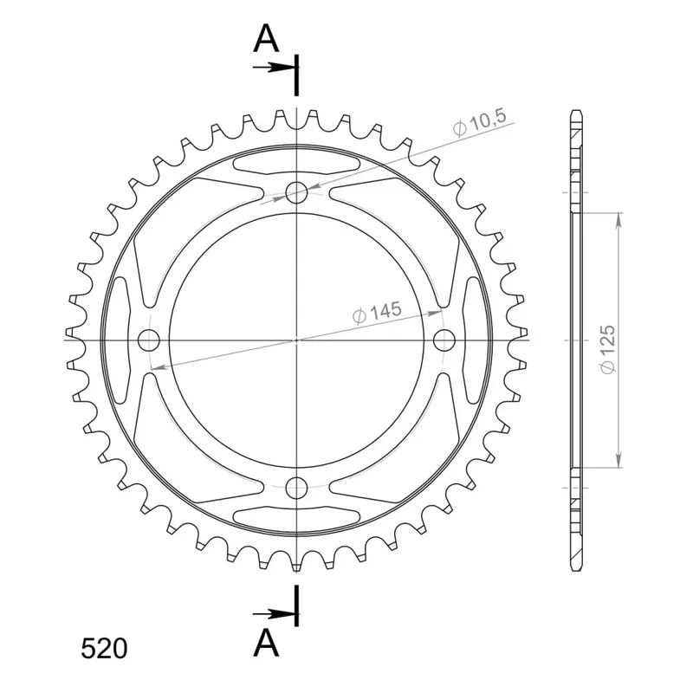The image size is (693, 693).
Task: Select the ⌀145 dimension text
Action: click(x=377, y=312)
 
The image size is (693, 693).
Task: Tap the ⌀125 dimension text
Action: click(x=608, y=349)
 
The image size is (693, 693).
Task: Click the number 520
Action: click(x=104, y=649)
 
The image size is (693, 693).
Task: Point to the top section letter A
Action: click(x=266, y=38)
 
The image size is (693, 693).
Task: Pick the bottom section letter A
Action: click(x=266, y=643)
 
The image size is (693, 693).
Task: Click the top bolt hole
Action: click(x=296, y=192)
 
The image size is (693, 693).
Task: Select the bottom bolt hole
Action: click(x=296, y=488)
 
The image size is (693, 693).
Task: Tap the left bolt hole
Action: click(x=148, y=340)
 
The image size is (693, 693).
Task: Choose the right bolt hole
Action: click(x=444, y=340)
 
